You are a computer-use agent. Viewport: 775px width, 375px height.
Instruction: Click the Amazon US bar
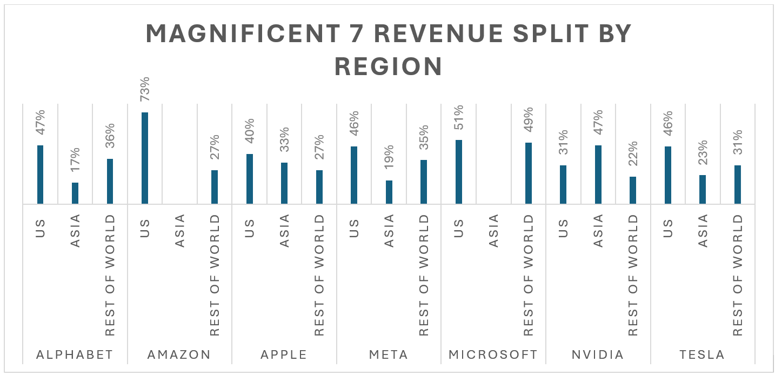pos(145,158)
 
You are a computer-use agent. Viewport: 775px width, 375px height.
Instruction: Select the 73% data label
pos(145,90)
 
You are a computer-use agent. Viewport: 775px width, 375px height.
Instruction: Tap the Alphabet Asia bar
pos(75,193)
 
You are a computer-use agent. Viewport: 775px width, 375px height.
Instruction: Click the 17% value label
pos(75,159)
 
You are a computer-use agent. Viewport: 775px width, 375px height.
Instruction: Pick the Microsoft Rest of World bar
pos(529,173)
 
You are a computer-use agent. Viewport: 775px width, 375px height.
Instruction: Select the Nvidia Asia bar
pos(598,174)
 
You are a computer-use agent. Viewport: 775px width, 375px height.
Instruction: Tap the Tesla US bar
pos(668,175)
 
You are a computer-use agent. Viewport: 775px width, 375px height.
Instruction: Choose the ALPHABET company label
pos(75,355)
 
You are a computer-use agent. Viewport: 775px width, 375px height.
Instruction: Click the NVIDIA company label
pos(598,355)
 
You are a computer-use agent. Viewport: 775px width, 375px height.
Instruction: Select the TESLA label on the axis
pos(703,355)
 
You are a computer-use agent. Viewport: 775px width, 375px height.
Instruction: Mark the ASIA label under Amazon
pos(180,231)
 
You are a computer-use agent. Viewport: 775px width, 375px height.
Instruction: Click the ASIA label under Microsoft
pos(494,231)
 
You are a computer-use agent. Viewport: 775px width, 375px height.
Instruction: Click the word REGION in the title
pos(389,66)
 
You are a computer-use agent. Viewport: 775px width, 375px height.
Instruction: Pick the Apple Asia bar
pos(284,183)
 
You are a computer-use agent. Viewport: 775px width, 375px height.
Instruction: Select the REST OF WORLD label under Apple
pos(319,275)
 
